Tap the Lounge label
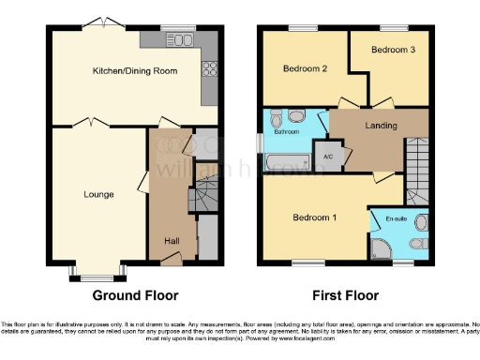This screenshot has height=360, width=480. (x=98, y=195)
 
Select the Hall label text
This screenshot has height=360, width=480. (x=172, y=241)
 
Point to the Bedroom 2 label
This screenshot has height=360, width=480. (x=304, y=68)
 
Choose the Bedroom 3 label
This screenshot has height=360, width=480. (x=391, y=49)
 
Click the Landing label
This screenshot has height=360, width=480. (x=381, y=126)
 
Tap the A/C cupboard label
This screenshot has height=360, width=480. (x=328, y=157)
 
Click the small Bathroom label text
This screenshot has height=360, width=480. (x=286, y=132)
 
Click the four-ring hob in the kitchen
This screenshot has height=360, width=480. (x=211, y=68)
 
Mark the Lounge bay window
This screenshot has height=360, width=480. (x=97, y=276)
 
